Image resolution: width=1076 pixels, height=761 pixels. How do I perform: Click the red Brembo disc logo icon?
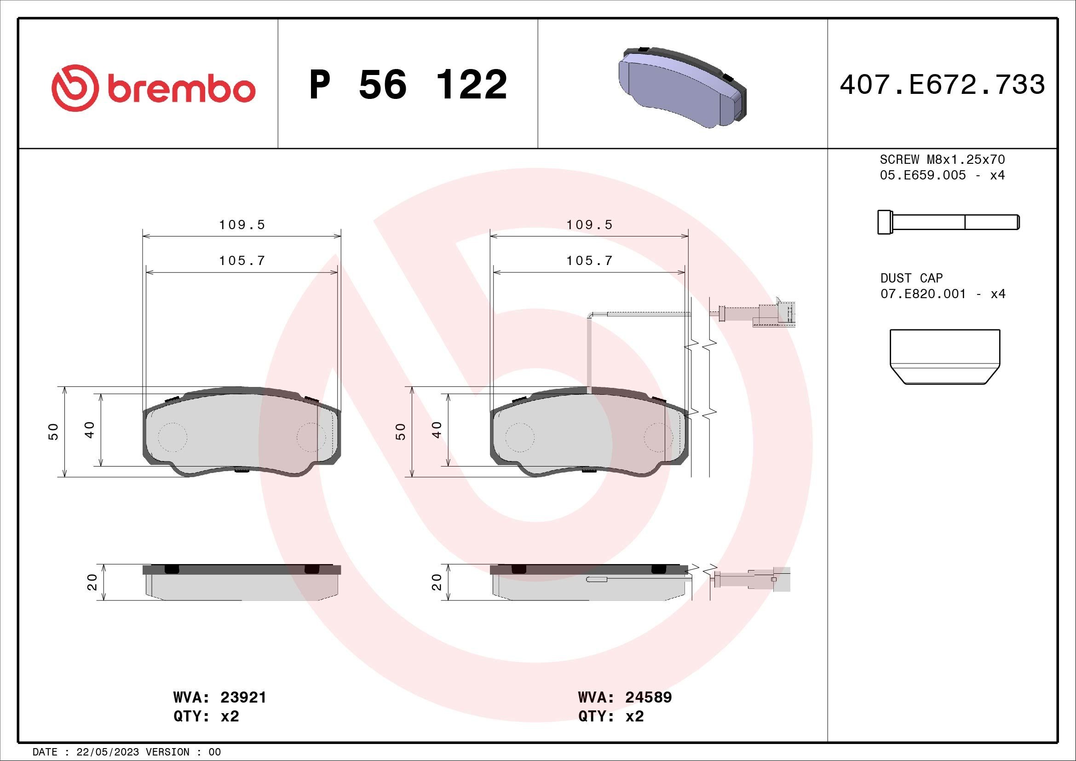click(75, 88)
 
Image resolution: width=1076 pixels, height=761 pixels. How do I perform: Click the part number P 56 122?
click(408, 85)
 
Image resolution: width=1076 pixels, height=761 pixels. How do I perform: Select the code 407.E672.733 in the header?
click(942, 85)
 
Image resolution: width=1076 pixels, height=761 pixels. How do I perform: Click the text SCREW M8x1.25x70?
click(942, 160)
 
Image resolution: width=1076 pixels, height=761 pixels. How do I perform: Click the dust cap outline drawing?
click(944, 357)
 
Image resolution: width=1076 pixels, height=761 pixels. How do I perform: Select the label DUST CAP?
click(911, 278)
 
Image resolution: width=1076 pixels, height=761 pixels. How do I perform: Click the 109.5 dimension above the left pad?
click(242, 225)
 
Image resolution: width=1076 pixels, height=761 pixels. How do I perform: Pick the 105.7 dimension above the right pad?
click(589, 261)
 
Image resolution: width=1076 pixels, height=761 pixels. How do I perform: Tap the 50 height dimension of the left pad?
click(54, 431)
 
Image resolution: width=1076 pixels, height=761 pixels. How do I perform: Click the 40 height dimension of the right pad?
click(436, 430)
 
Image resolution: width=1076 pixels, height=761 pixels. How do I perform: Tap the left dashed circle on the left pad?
click(173, 437)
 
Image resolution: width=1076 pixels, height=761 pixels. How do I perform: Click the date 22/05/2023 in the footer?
click(107, 752)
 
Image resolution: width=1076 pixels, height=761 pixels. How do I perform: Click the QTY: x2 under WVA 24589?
click(611, 716)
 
